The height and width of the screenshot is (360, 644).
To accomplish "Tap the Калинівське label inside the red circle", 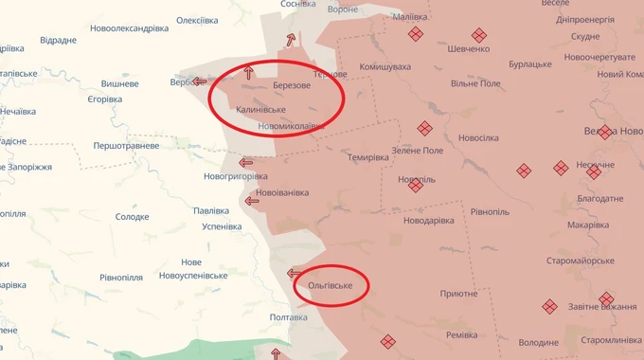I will coord(260,110).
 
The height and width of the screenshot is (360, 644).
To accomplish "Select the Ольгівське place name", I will coord(331,285).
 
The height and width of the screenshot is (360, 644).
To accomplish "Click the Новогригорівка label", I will coord(237,176).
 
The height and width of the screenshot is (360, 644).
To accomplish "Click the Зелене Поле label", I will coord(417,152).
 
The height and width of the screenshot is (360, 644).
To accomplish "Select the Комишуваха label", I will coord(385,67).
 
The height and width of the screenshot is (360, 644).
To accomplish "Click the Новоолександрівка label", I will coord(130,28).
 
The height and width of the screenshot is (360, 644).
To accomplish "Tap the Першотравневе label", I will coord(126,146).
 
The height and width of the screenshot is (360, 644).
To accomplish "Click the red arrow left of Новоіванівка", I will coord(252,200).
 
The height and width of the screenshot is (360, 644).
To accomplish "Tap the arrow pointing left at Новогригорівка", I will coord(246,162).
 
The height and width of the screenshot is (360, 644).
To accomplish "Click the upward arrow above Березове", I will coord(249,71).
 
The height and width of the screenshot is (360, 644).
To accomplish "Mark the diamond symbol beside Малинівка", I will coord(415,34).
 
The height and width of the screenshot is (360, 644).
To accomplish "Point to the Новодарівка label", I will coord(433,222).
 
